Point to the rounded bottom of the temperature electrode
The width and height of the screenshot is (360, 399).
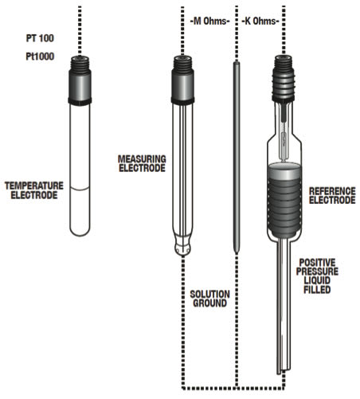click(x=80, y=229)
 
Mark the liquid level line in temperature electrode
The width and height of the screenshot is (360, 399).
click(x=80, y=188)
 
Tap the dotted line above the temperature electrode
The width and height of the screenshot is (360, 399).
click(x=80, y=28)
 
